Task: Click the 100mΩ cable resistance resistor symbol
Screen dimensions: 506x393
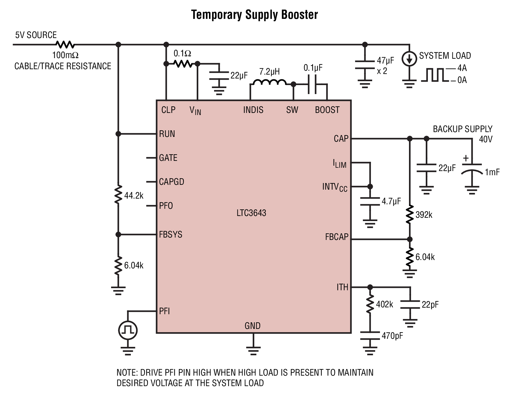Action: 65,45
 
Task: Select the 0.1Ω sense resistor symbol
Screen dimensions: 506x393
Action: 183,64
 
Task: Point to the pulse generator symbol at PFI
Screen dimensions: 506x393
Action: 128,330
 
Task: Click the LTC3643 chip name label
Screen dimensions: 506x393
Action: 251,213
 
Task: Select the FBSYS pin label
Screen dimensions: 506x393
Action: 171,234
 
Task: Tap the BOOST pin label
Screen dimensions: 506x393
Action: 327,110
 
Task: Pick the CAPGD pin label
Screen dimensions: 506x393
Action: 172,182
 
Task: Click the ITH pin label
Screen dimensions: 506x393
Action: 343,287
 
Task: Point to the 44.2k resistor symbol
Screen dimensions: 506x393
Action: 118,195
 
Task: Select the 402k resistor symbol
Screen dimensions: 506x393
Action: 370,304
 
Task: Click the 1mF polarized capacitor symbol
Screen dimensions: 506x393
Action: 472,169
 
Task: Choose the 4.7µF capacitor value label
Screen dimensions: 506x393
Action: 391,201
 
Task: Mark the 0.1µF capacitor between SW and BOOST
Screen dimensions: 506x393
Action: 313,84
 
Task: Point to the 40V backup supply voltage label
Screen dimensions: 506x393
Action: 486,139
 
